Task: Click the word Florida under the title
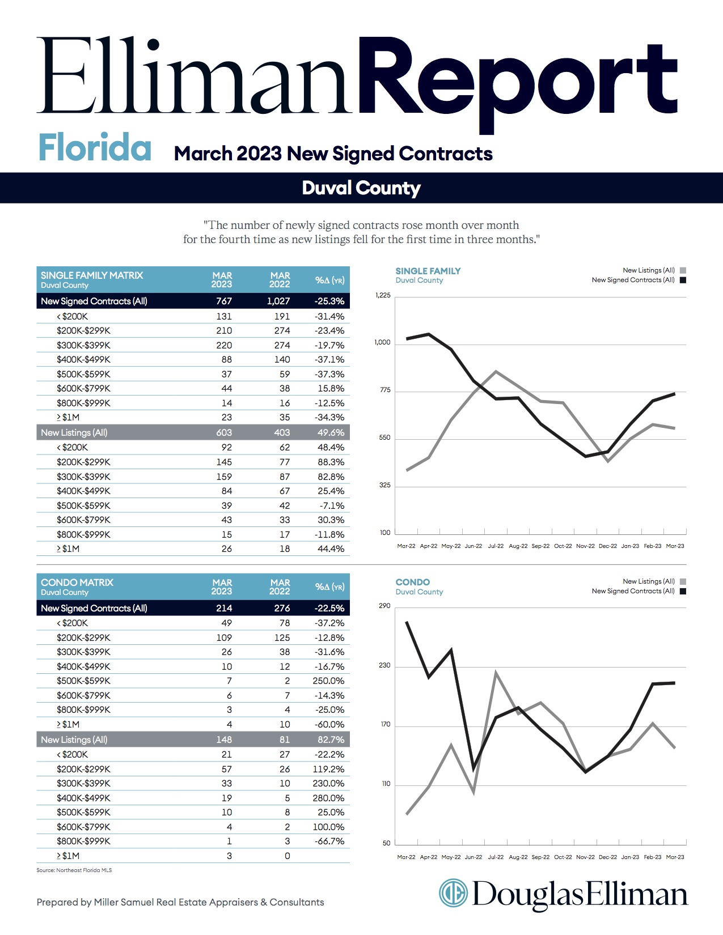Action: coord(95,147)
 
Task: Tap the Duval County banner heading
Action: coord(361,188)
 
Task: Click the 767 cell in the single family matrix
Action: coord(224,301)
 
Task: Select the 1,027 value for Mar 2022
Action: coord(278,301)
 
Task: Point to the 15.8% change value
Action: coord(331,389)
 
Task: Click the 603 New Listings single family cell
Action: coord(224,432)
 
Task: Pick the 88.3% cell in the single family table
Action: coord(331,462)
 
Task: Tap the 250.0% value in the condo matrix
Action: coord(328,681)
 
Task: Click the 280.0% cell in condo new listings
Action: coord(328,798)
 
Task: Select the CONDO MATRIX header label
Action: coord(77,582)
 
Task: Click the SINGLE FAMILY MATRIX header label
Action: coord(92,275)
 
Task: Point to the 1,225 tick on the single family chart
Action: coord(383,295)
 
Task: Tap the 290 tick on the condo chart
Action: coord(384,606)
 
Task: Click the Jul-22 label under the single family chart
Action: coord(496,546)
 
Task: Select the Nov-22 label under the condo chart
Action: coord(585,857)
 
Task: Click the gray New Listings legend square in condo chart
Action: coord(683,582)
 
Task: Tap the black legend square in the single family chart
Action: coord(683,280)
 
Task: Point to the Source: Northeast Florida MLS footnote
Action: coord(74,870)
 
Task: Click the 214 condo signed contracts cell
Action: coord(224,608)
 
